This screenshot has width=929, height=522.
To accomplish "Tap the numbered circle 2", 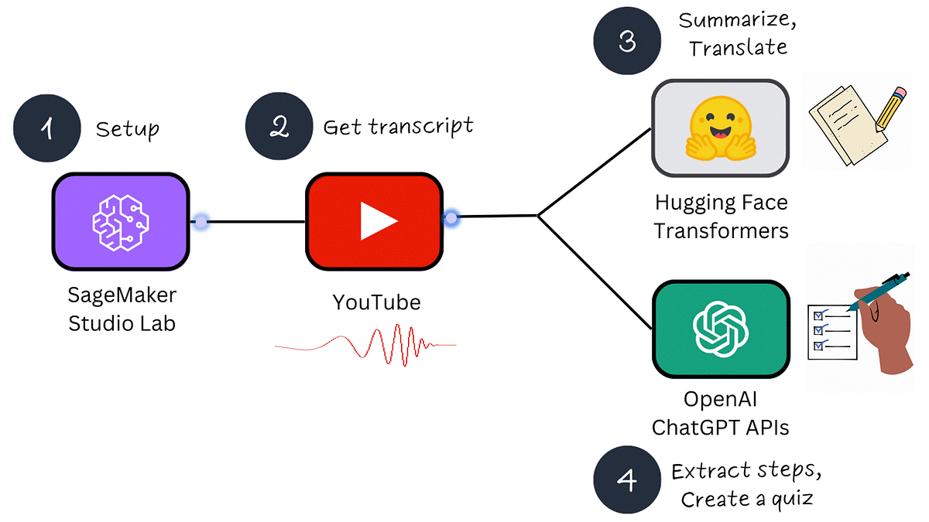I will pyautogui.click(x=278, y=127).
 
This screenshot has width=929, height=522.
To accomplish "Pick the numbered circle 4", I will pyautogui.click(x=626, y=479).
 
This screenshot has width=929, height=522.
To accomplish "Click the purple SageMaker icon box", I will pyautogui.click(x=120, y=221).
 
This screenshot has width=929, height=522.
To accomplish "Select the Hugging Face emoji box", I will pyautogui.click(x=720, y=128).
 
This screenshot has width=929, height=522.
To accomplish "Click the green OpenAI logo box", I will pyautogui.click(x=721, y=329).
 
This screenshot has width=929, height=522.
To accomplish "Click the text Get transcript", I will pyautogui.click(x=398, y=126).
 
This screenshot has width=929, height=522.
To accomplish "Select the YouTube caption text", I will pyautogui.click(x=376, y=302).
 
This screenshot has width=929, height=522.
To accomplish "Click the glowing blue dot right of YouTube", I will pyautogui.click(x=451, y=219).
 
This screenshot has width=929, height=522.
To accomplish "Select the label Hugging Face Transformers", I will pyautogui.click(x=721, y=217).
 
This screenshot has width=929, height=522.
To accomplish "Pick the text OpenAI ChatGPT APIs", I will pyautogui.click(x=721, y=413).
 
